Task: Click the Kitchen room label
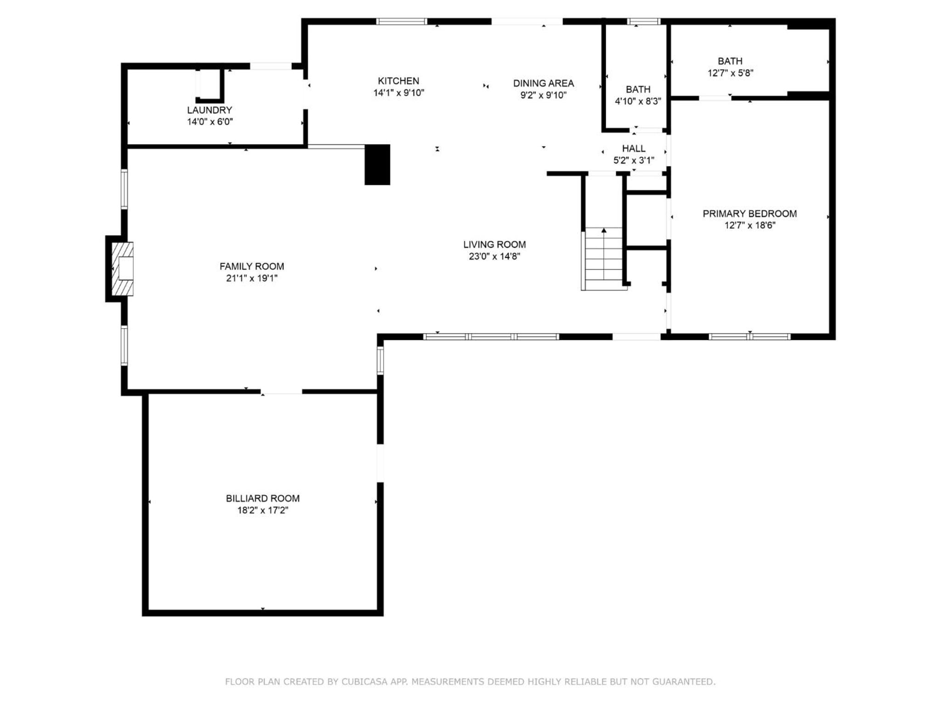click(x=398, y=81)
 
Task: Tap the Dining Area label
click(x=543, y=83)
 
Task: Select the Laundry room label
click(x=210, y=110)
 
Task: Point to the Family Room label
click(x=252, y=266)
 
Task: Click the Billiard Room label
click(x=262, y=498)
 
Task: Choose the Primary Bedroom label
click(x=749, y=213)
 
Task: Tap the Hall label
click(x=634, y=148)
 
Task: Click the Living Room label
click(x=494, y=245)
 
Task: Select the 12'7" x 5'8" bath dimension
click(x=730, y=73)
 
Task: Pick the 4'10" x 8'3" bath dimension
click(x=638, y=101)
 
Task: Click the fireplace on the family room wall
click(x=123, y=269)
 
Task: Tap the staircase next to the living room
click(x=604, y=259)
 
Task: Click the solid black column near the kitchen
click(x=377, y=165)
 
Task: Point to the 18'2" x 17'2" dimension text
click(x=262, y=510)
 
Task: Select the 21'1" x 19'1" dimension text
click(x=252, y=278)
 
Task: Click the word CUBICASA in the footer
click(x=364, y=682)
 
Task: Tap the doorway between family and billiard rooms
click(x=281, y=392)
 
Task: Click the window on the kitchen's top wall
click(x=402, y=21)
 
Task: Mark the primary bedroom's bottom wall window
click(x=749, y=337)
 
